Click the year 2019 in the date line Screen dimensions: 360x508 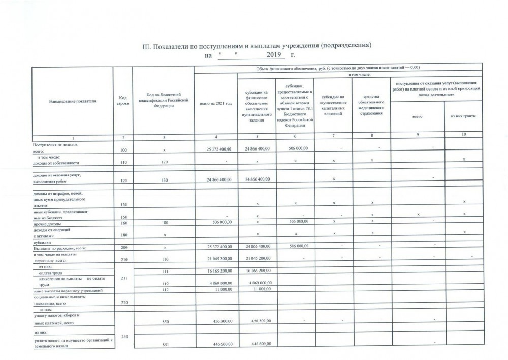pos(274,54)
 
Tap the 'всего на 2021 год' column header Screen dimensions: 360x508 pos(215,103)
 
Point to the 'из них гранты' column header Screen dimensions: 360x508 pos(463,117)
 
